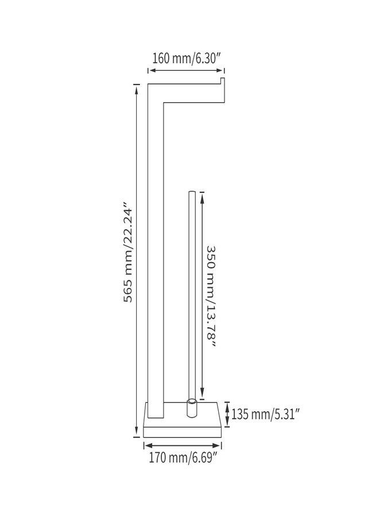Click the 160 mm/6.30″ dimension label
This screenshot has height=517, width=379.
[186, 59]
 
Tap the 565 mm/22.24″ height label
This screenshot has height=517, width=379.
[128, 255]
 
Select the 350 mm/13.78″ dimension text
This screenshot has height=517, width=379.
[211, 296]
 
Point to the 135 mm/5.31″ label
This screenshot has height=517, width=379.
[265, 414]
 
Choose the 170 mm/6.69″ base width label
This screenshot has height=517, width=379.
[183, 458]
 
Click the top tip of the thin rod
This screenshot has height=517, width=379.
[191, 191]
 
